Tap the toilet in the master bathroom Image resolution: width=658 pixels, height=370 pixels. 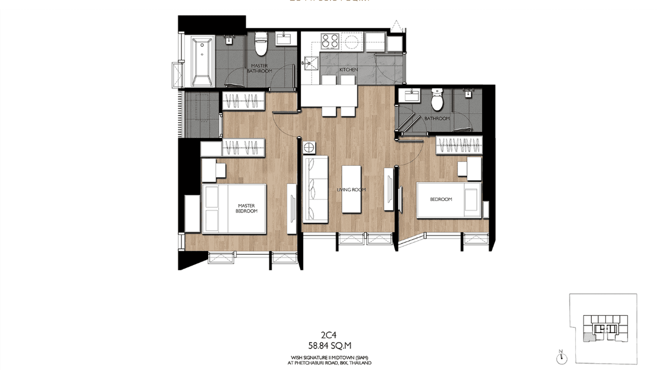(261, 45)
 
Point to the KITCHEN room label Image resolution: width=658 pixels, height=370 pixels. (349, 70)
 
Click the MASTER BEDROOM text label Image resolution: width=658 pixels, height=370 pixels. (248, 209)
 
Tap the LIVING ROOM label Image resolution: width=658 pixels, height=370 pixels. (351, 190)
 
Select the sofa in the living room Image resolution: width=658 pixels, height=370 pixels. (315, 189)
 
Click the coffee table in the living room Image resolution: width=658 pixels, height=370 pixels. (351, 189)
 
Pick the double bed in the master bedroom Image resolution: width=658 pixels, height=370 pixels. (234, 209)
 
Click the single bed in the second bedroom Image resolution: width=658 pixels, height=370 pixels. (448, 200)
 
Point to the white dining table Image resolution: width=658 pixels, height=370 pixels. (329, 96)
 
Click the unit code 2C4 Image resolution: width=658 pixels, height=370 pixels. (329, 336)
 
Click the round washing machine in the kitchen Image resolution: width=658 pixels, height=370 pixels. (351, 41)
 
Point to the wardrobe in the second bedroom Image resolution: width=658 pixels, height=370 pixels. (459, 145)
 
